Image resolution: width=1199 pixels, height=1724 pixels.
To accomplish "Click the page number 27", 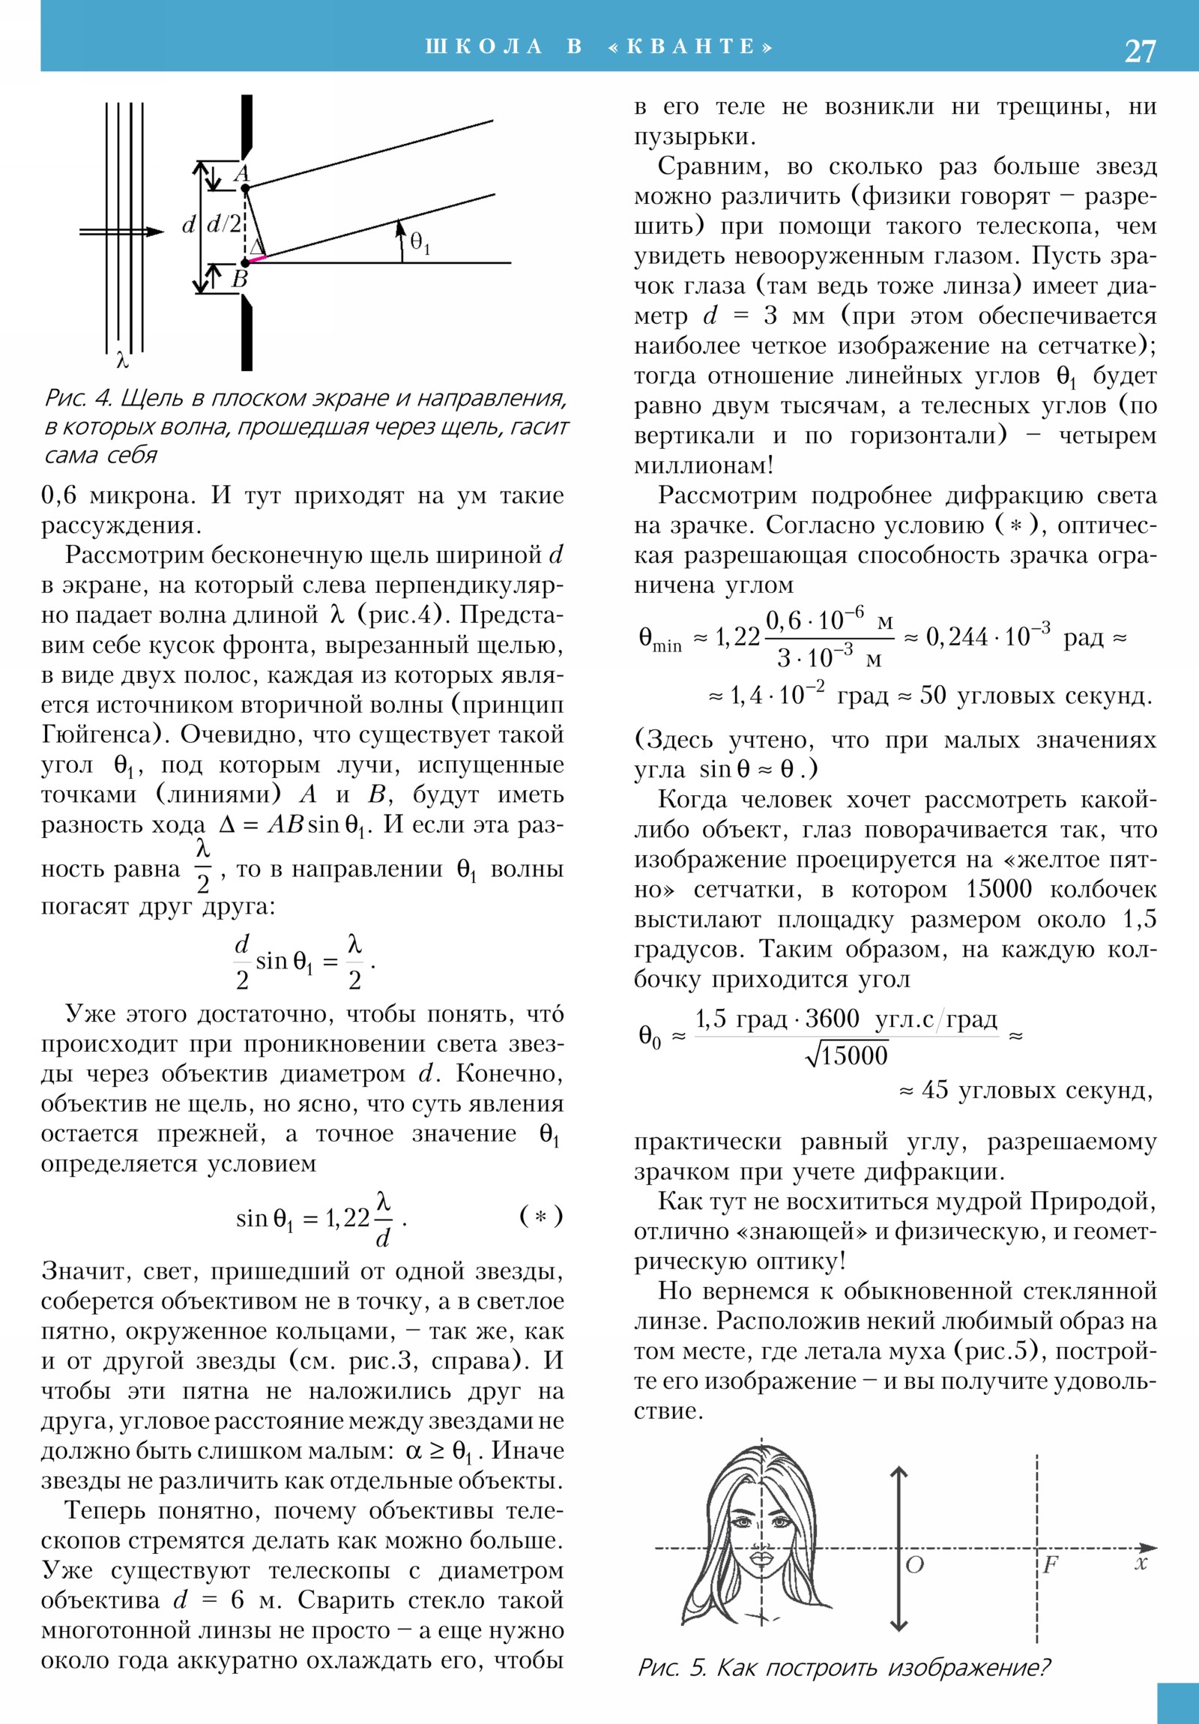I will click(1140, 51).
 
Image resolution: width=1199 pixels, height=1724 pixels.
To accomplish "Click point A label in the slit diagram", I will click(242, 174).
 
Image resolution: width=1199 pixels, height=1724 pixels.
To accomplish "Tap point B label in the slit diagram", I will click(241, 280).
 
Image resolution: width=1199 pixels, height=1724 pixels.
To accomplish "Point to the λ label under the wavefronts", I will click(123, 361).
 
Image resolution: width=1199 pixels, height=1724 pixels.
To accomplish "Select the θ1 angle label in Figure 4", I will click(420, 242).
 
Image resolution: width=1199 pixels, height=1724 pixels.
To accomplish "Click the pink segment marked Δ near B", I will click(258, 259).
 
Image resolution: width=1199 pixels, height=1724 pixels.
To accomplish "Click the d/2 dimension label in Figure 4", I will click(224, 224).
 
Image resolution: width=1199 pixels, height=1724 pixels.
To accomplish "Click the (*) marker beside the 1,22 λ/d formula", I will click(540, 1215).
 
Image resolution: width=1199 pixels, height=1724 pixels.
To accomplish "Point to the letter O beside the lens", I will click(914, 1565).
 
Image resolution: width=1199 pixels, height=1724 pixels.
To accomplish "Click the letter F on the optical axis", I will click(1051, 1564).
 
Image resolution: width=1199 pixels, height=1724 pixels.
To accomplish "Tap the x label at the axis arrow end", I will click(1141, 1564).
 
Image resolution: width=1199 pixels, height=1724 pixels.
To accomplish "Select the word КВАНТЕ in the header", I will click(691, 46).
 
